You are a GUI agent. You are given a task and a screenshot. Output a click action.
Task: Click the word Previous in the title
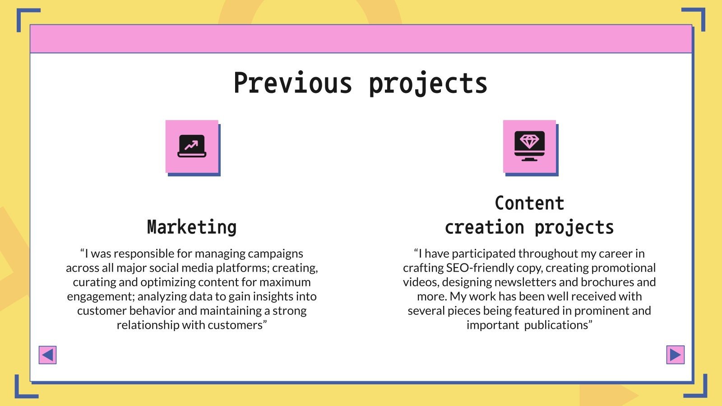point(292,83)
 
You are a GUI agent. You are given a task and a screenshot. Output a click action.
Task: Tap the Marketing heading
point(192,227)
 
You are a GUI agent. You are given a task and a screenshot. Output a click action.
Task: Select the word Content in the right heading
point(529,203)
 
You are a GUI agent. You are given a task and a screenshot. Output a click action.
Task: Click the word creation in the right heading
point(484,227)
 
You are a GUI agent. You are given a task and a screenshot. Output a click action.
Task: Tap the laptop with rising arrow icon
point(192,146)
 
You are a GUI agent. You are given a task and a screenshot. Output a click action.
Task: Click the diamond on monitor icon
point(529,146)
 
